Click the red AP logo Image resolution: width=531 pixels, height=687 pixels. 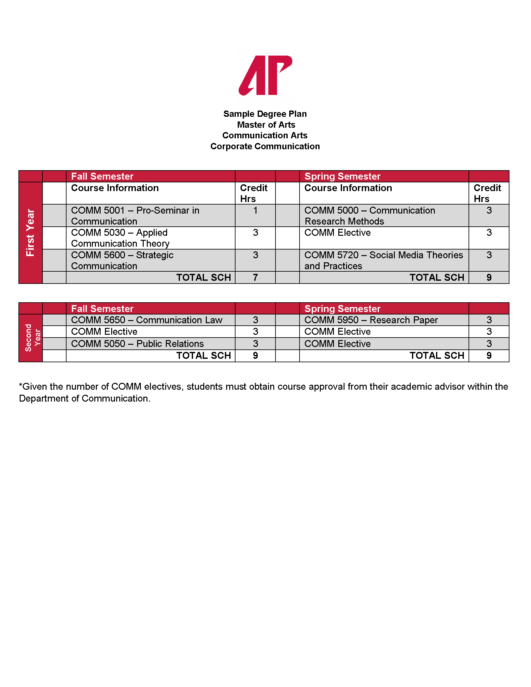click(265, 76)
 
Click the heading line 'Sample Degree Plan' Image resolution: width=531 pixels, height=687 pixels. click(265, 114)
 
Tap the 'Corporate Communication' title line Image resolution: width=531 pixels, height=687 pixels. click(265, 146)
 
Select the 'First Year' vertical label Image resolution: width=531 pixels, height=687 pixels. click(30, 232)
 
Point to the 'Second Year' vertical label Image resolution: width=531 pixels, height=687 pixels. click(32, 338)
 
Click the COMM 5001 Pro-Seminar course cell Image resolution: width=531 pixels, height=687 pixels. click(135, 215)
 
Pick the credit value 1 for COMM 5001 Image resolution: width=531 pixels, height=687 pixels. click(255, 210)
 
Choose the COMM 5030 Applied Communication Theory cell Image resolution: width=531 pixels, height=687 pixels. click(120, 238)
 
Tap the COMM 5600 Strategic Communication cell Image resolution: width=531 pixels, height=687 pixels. click(122, 260)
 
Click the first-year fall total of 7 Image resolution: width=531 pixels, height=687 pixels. click(255, 277)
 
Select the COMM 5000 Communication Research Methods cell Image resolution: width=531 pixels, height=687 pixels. click(370, 215)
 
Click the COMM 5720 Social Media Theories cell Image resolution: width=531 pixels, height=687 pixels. click(384, 260)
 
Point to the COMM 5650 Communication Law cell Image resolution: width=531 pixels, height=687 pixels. click(146, 320)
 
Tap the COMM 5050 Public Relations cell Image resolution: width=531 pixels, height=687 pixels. click(137, 343)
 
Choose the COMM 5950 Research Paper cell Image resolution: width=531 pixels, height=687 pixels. click(371, 320)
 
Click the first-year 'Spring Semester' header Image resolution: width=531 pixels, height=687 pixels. click(342, 176)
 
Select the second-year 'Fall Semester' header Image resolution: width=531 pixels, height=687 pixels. click(102, 309)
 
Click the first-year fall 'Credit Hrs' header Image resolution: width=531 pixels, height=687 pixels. click(254, 193)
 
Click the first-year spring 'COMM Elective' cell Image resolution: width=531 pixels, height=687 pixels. click(338, 233)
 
